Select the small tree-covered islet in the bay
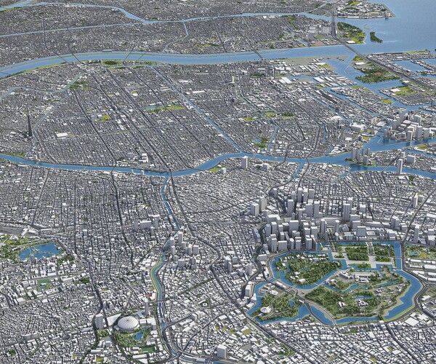[376, 36]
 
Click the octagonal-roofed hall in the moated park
[265, 309]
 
